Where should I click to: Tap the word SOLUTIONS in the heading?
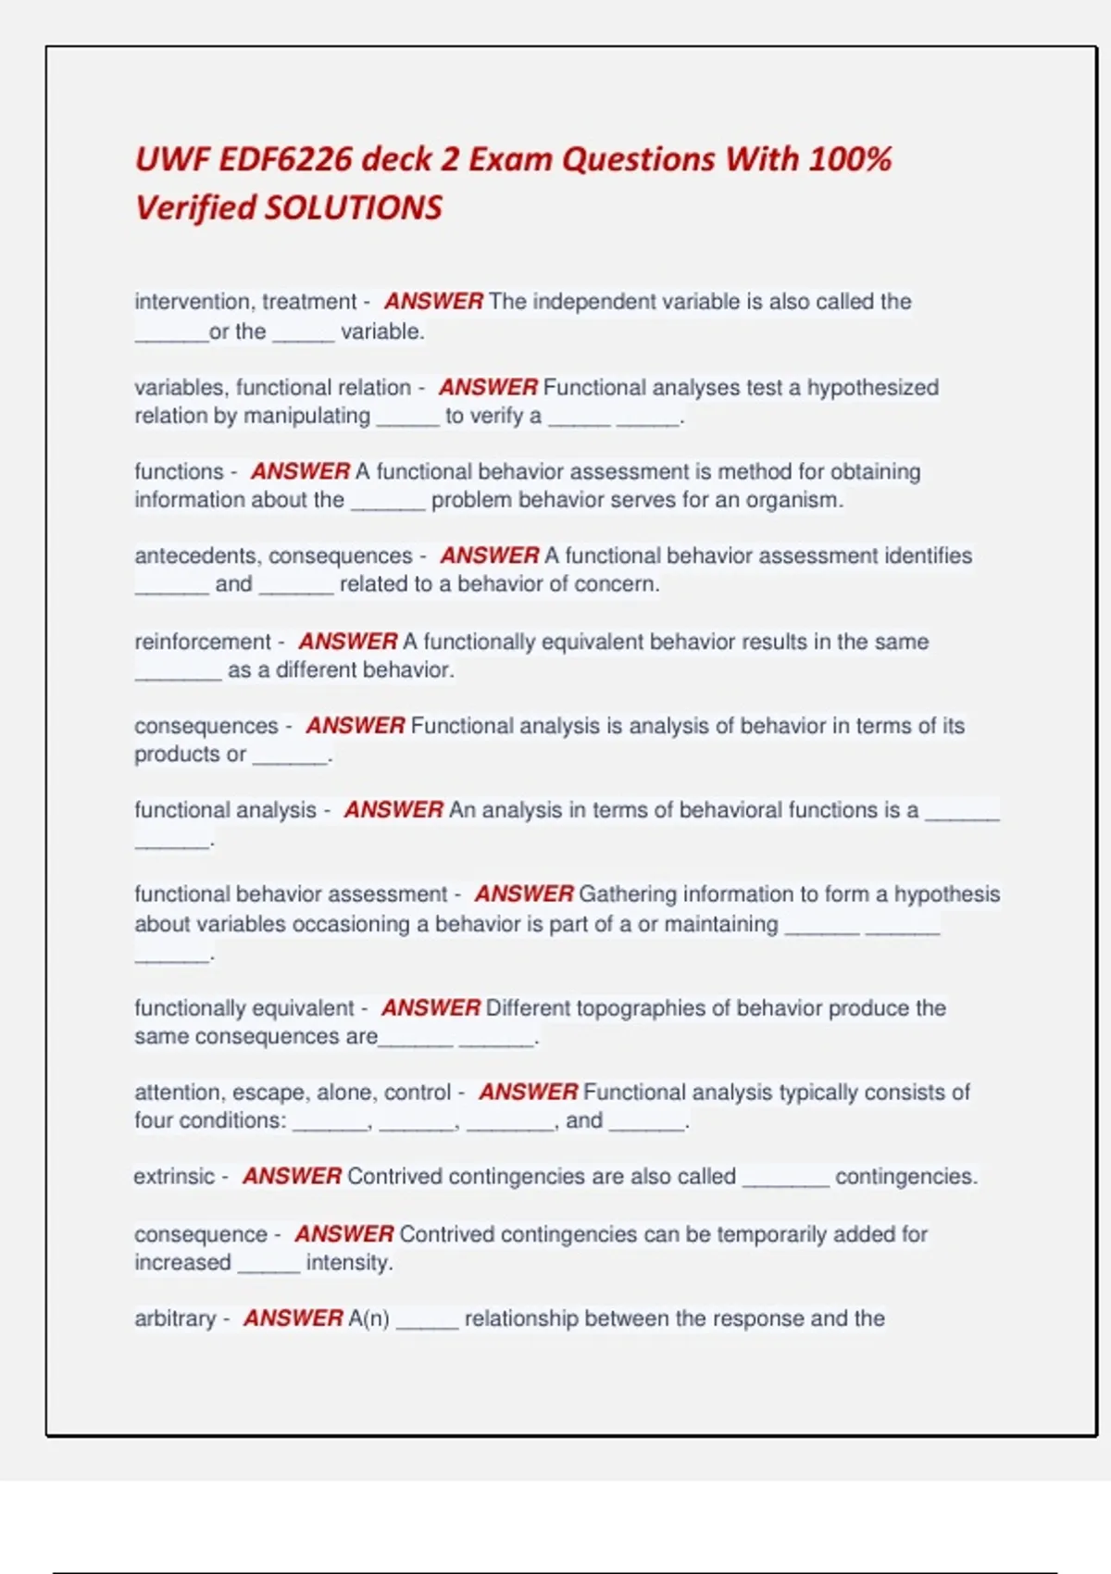354,207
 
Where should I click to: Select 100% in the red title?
850,159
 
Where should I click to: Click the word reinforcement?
202,642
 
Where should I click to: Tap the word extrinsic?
174,1177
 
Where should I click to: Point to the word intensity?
348,1263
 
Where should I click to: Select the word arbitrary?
175,1318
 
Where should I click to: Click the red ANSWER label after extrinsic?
292,1177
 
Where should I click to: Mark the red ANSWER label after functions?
300,471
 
